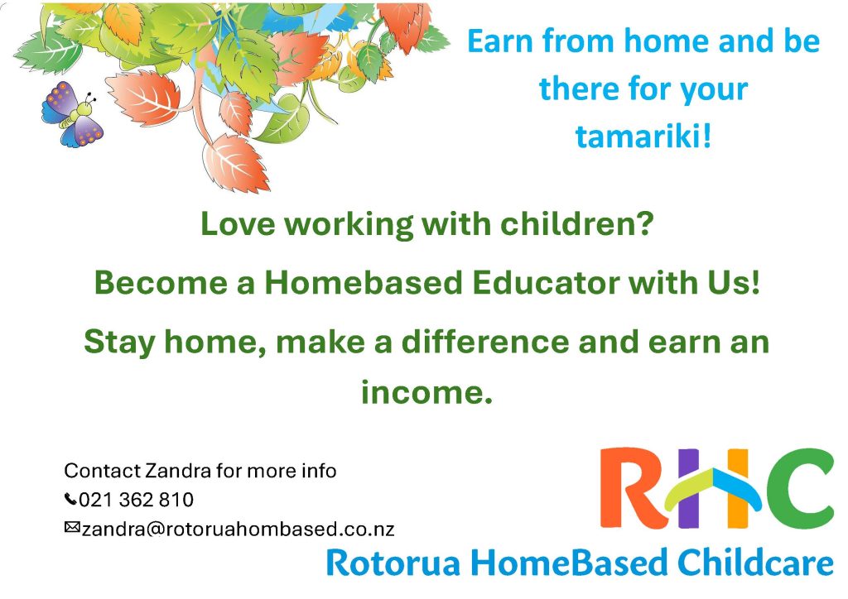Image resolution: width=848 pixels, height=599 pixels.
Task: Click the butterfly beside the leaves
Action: click(73, 114)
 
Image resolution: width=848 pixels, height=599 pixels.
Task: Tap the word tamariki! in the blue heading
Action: click(643, 137)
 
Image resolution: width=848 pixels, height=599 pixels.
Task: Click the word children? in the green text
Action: click(577, 223)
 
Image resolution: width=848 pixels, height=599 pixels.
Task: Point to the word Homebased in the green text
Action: click(363, 282)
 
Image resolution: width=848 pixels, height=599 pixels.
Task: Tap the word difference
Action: click(484, 342)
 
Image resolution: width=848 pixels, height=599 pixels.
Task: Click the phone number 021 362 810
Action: click(137, 500)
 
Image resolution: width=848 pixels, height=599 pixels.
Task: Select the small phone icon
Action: click(70, 499)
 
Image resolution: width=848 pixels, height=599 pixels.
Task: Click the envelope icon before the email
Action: click(72, 527)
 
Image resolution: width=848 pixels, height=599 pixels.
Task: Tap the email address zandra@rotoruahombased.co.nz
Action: click(238, 529)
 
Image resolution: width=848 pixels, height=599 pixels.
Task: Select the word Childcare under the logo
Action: click(755, 563)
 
